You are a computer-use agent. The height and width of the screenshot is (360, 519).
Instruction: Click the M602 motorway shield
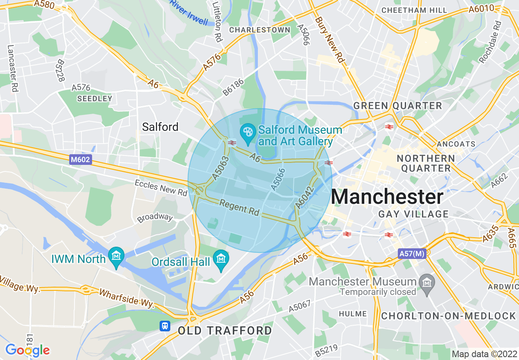(81, 160)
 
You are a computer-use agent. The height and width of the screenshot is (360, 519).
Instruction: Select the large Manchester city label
(387, 197)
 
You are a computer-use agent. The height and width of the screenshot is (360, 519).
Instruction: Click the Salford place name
(160, 127)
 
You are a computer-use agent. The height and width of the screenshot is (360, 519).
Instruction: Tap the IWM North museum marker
(116, 256)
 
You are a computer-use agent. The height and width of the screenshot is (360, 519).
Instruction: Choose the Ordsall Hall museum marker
(221, 259)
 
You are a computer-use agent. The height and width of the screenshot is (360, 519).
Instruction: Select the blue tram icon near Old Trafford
(165, 326)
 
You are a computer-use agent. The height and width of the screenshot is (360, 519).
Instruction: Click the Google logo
(27, 350)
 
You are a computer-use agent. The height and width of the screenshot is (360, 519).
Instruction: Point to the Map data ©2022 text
(483, 354)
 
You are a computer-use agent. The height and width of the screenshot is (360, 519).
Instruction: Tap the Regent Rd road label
(239, 207)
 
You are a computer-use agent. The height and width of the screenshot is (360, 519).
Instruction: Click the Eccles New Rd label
(161, 188)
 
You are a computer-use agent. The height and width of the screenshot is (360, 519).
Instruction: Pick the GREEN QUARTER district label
(397, 106)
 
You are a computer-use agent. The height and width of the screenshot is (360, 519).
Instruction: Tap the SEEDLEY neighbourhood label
(95, 99)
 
